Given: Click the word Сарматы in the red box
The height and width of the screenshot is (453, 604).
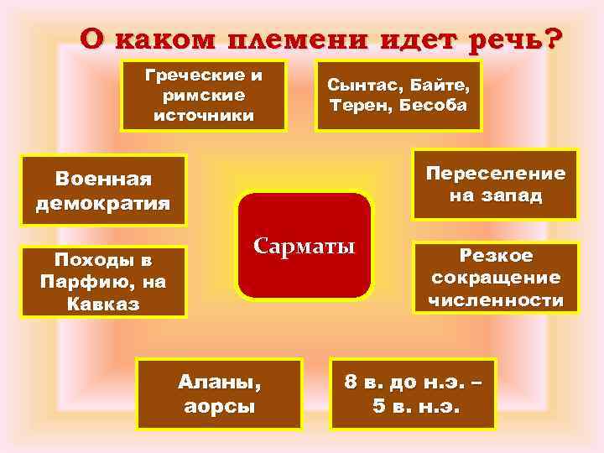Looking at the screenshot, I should click(305, 247).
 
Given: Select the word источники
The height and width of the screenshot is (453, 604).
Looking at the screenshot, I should click(204, 115).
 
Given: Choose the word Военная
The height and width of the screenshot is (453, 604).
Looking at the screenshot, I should click(103, 180).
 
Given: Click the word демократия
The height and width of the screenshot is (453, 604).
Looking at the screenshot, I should click(103, 202).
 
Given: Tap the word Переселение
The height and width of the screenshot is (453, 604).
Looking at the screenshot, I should click(496, 173).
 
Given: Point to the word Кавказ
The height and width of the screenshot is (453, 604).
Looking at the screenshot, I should click(103, 301).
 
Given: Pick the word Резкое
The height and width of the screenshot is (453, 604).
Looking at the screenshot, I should click(495, 256).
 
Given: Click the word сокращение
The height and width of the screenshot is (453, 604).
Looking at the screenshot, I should click(495, 277).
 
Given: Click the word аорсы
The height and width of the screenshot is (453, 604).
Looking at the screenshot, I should click(219, 407).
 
